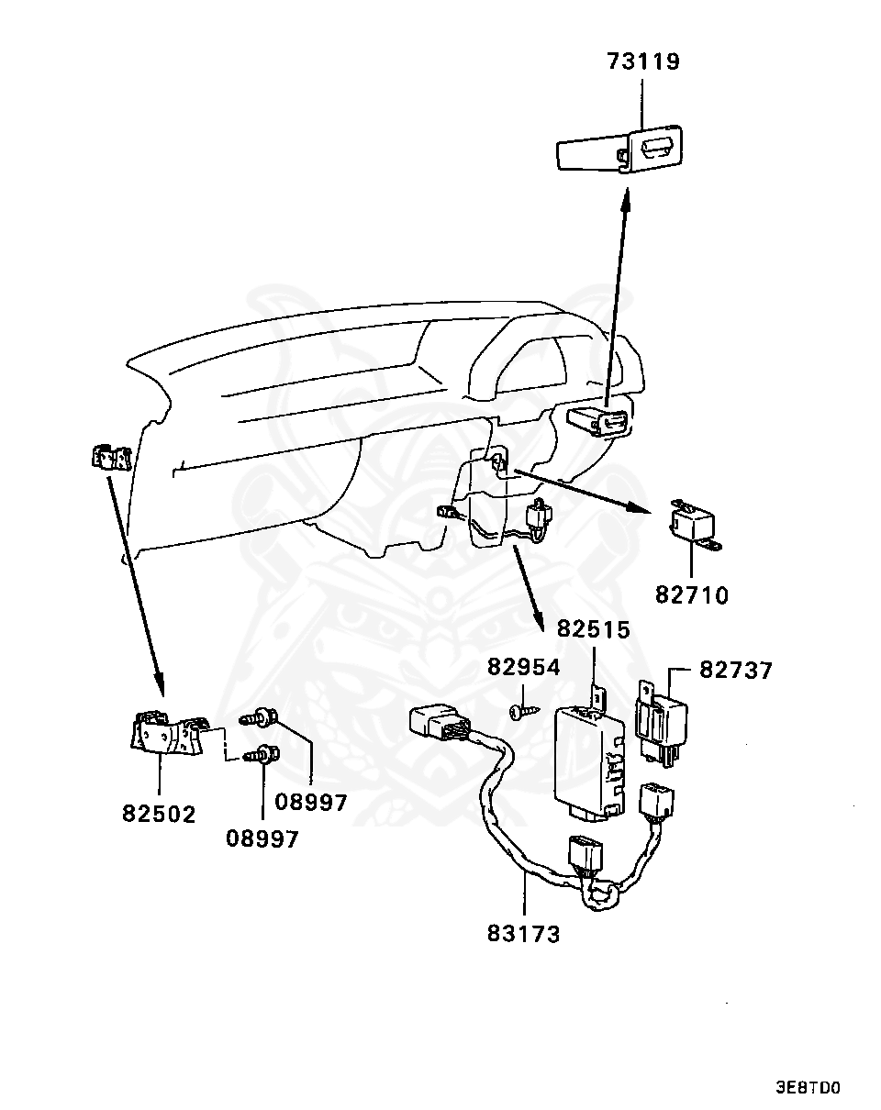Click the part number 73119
click(642, 62)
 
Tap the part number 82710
click(691, 595)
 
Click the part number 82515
click(594, 630)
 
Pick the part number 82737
click(736, 671)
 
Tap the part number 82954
click(522, 667)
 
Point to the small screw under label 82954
click(522, 710)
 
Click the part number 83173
click(524, 935)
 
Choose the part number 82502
click(159, 814)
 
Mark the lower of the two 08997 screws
click(262, 756)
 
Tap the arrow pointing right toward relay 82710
click(578, 491)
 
